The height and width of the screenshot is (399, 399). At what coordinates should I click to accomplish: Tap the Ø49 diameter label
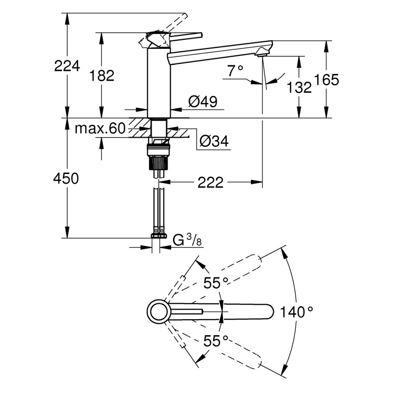coord(203,102)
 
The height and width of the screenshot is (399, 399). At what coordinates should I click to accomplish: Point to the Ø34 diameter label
coord(213,142)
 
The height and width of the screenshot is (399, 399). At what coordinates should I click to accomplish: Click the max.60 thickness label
coord(99,129)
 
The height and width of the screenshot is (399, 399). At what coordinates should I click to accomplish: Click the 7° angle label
coord(235,71)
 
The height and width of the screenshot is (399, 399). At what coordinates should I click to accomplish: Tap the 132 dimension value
coord(300,87)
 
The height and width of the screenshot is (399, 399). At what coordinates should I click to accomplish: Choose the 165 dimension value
coord(327,79)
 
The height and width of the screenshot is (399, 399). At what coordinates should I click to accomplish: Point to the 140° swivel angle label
coord(296,313)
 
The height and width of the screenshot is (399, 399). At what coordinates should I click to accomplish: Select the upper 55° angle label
coord(215,283)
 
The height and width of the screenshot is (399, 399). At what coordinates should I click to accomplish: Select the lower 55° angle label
coord(215,341)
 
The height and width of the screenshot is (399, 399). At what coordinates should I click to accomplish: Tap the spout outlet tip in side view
coord(263,53)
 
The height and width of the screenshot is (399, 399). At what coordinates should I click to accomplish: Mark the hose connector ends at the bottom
coord(159,232)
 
